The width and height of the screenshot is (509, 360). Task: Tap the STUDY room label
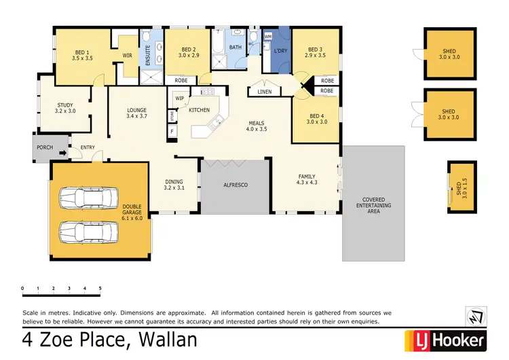click(x=65, y=107)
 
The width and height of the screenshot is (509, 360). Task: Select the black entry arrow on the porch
click(x=62, y=153)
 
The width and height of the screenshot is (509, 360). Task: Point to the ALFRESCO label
click(x=235, y=185)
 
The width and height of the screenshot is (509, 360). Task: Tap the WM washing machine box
click(x=267, y=36)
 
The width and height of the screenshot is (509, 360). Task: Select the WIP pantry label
click(x=180, y=98)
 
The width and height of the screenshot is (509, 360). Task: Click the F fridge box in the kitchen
click(x=172, y=130)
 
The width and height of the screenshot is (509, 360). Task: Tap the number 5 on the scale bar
click(x=100, y=289)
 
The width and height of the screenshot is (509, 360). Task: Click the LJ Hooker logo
click(x=445, y=340)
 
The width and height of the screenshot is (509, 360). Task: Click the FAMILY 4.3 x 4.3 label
click(x=307, y=179)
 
